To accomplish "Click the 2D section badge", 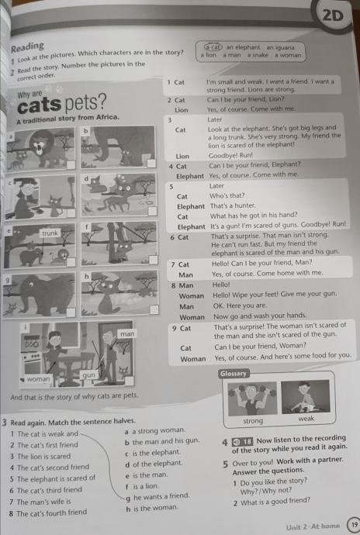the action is [x=332, y=16].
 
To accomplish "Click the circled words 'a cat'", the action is [x=213, y=47].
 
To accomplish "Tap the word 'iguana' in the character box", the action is [x=286, y=47].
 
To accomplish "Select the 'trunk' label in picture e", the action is [x=50, y=233].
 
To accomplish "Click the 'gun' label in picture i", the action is [x=88, y=375].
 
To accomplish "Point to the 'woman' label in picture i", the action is [x=38, y=379].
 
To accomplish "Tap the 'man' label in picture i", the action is [x=127, y=333].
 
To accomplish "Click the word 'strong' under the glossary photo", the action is [x=253, y=421].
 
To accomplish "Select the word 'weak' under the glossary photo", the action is [x=306, y=419].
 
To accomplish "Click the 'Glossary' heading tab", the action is [x=233, y=374].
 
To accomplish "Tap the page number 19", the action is [x=354, y=524].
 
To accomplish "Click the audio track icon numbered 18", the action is [x=242, y=442].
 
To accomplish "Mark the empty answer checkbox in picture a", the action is [x=71, y=165].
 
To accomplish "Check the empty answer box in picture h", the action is [x=154, y=310].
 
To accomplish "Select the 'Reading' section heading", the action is [x=27, y=47].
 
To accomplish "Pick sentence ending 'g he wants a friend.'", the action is [x=157, y=497].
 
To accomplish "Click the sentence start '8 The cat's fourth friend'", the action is [x=48, y=513].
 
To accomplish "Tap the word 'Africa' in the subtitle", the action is [x=107, y=117].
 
